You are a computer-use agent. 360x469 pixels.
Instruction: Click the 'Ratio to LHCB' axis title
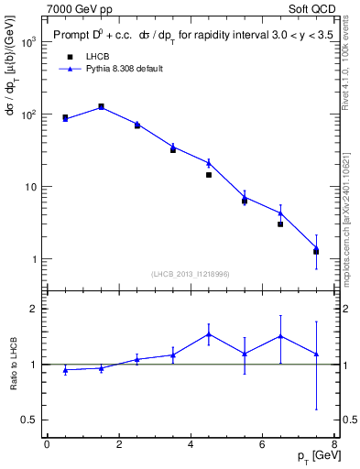pos(13,365)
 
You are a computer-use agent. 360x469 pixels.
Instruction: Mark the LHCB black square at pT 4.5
pos(209,174)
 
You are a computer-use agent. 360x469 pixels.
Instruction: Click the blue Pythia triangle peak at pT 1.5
pos(101,106)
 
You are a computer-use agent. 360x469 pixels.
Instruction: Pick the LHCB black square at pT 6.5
pos(280,224)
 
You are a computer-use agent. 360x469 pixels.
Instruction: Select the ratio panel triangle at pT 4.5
pos(209,333)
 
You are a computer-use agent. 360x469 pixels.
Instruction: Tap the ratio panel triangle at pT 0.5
pos(65,370)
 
